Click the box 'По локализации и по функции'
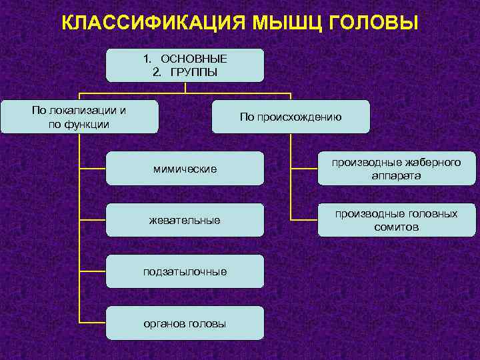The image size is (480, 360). [79, 117]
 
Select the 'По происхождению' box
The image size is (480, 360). [290, 117]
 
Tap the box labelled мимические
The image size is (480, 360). [185, 169]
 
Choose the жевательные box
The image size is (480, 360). [185, 220]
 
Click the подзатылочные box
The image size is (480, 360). [185, 271]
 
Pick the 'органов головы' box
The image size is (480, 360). [185, 323]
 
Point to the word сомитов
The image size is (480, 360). [397, 227]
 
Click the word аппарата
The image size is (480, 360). [397, 176]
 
